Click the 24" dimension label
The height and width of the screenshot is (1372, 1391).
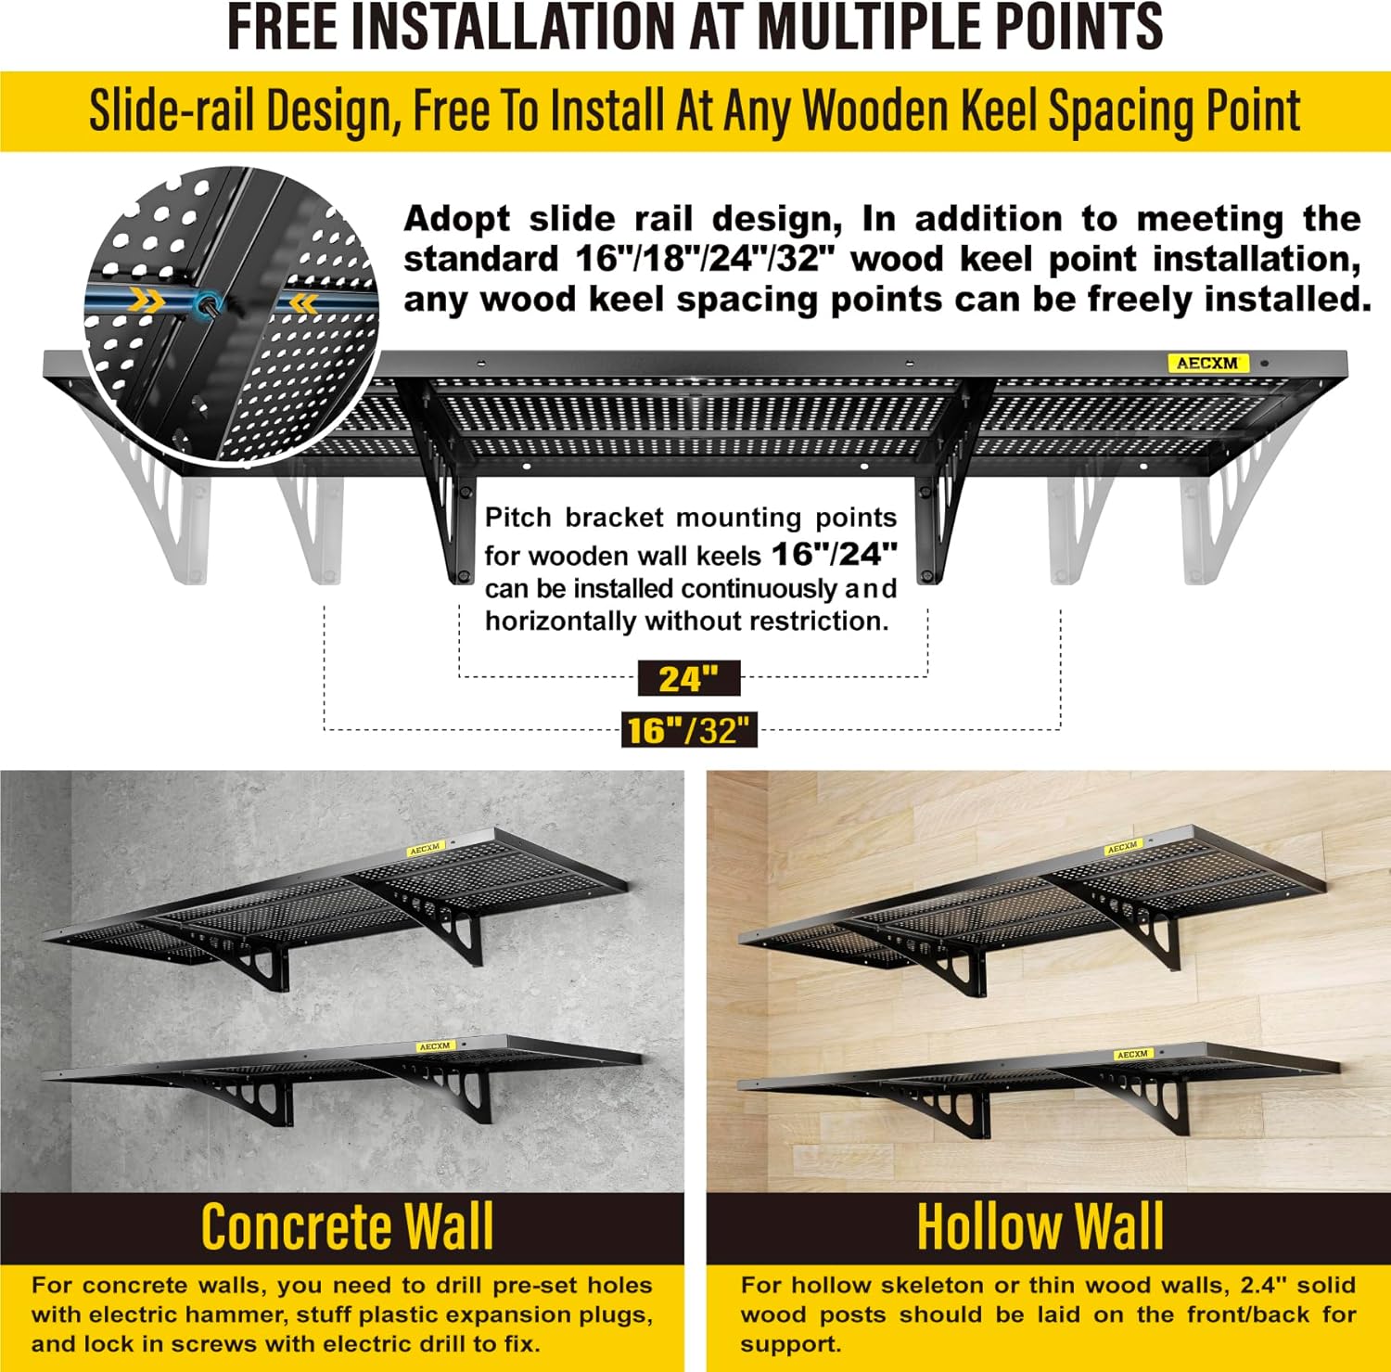tap(689, 679)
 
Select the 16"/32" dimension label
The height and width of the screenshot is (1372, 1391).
tap(689, 730)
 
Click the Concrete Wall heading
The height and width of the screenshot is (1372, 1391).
tap(347, 1227)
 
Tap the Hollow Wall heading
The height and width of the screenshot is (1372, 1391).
tap(1040, 1227)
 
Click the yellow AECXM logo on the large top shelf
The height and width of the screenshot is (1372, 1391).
tap(1207, 363)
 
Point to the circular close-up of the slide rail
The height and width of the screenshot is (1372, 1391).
tap(231, 315)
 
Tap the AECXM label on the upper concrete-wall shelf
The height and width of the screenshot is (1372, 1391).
tap(426, 848)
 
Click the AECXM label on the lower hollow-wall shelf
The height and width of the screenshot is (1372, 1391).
tap(1132, 1055)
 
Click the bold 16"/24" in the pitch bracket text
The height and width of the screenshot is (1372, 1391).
tap(835, 554)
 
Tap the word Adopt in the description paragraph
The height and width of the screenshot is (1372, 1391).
tap(456, 220)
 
